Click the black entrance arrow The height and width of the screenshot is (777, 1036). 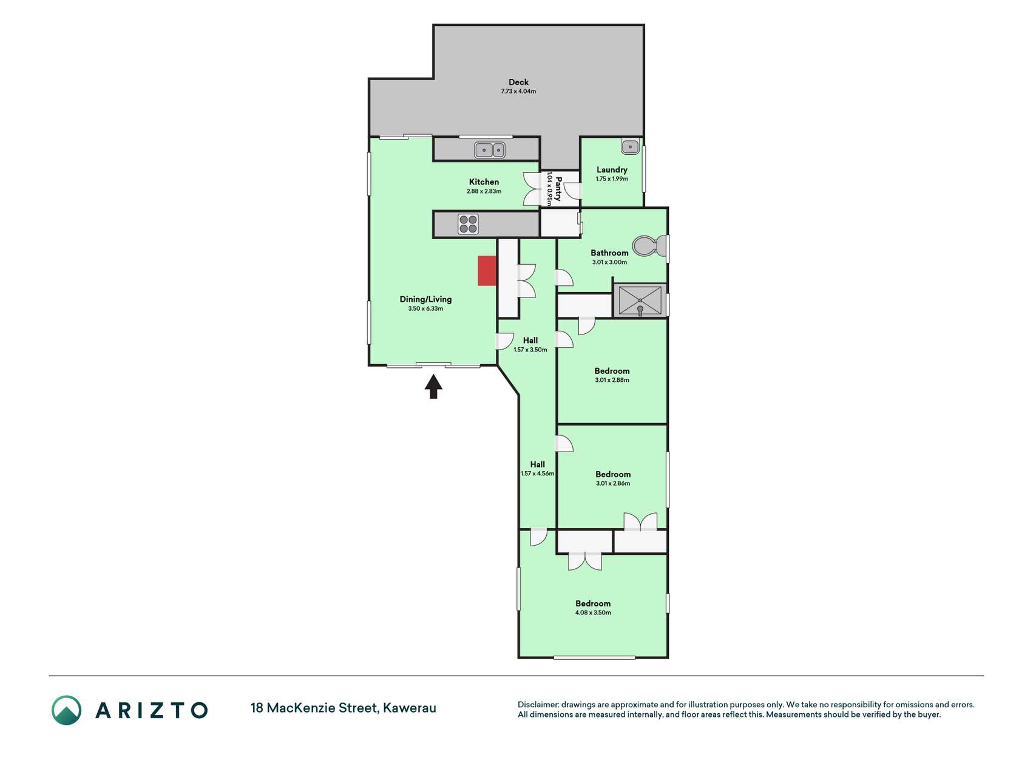(433, 387)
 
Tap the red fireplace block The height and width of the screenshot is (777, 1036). (487, 271)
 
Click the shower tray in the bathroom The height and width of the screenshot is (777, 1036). (640, 300)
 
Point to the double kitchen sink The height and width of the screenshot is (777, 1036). (490, 149)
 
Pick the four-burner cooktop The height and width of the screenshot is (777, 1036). (468, 224)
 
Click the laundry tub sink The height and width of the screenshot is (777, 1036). (631, 146)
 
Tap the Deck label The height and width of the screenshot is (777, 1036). (518, 82)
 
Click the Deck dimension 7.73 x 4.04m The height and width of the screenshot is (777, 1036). (518, 92)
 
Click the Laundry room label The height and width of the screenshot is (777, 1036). (612, 170)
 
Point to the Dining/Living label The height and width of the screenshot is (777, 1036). (425, 299)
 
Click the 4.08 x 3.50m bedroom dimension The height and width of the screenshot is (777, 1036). (593, 612)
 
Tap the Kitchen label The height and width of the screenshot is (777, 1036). (484, 182)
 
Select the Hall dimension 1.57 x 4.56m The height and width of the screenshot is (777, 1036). (538, 473)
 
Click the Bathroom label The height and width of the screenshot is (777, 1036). (609, 253)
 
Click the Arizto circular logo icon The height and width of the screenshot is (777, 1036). (66, 710)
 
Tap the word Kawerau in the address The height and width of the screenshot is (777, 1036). (410, 708)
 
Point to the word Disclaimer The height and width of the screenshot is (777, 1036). (538, 705)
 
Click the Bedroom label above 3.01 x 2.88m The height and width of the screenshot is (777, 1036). (612, 371)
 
